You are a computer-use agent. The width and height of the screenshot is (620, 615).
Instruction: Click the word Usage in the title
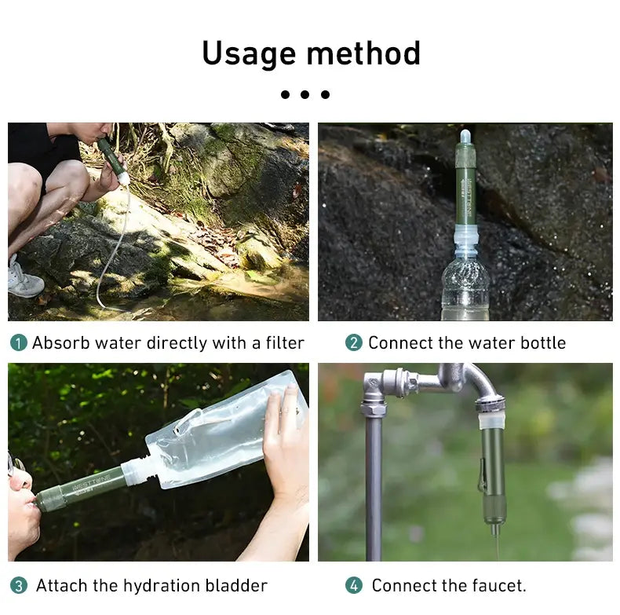249,53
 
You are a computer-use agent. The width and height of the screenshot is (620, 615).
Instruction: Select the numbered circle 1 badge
18,343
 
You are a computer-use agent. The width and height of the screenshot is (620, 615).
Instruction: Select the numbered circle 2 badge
354,343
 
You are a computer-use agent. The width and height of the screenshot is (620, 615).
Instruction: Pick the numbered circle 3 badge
18,586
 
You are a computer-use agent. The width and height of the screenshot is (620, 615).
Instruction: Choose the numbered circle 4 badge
354,586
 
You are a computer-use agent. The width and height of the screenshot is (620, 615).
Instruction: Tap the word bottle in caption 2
541,343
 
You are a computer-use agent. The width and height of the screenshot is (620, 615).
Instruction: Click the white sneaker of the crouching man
25,279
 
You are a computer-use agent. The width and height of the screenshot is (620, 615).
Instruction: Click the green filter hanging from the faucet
493,471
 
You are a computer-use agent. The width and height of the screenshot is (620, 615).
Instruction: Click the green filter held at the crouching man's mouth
111,157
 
